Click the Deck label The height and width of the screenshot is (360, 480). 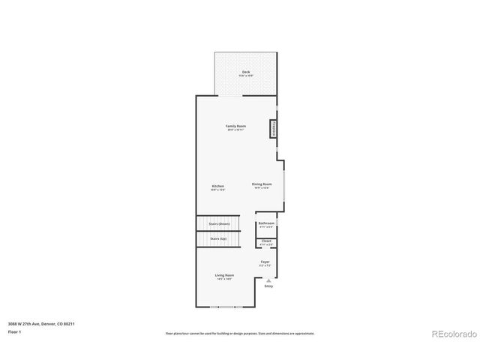246,72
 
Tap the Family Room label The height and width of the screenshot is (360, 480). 236,126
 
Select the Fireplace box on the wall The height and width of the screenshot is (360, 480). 274,129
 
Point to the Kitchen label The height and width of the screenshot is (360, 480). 217,186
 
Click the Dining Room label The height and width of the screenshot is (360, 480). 262,184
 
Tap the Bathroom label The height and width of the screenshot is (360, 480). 266,223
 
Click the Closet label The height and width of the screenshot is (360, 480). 266,241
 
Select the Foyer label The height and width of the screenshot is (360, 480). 265,262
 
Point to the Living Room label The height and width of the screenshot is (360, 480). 225,275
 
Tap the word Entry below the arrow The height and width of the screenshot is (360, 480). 268,286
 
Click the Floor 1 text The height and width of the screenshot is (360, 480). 14,331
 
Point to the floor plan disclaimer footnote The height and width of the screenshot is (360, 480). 240,333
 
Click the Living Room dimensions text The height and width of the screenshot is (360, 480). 225,280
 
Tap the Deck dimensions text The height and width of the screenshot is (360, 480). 246,76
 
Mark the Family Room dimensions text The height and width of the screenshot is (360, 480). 236,130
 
